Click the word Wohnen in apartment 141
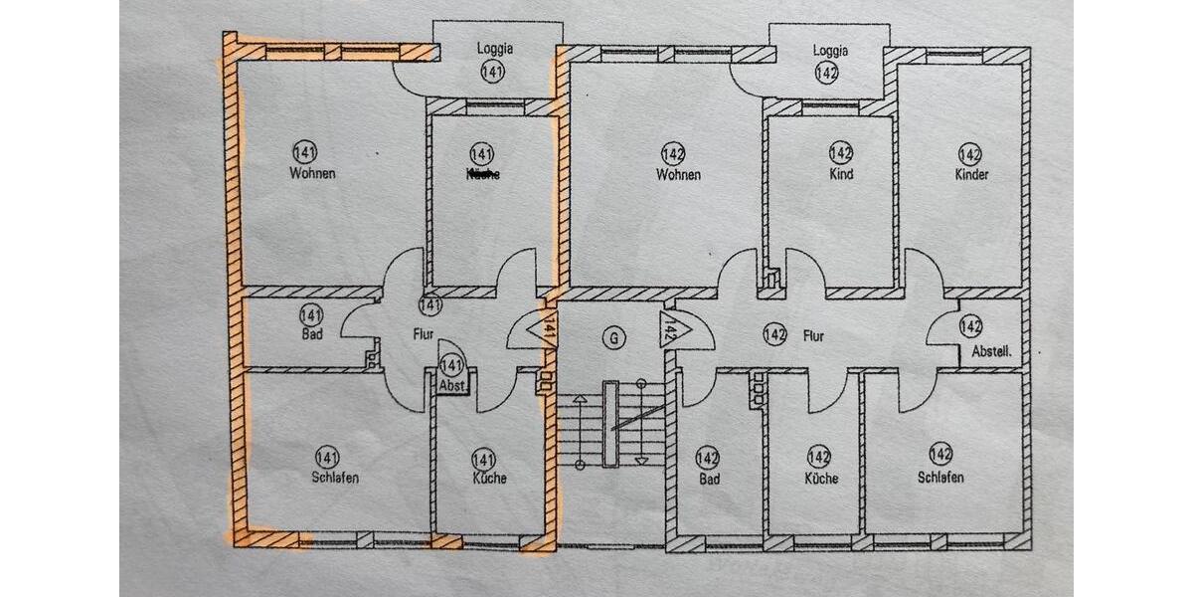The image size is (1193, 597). [x=312, y=173]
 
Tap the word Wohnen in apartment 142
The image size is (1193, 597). [x=678, y=174]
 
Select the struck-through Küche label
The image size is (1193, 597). [x=482, y=174]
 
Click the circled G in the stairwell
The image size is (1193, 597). [x=615, y=337]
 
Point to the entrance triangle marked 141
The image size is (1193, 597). [x=546, y=327]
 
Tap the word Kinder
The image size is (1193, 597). [x=971, y=174]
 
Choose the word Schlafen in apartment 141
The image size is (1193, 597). [x=334, y=478]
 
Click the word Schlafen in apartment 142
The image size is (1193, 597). [x=940, y=478]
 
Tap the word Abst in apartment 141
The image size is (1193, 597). [x=452, y=386]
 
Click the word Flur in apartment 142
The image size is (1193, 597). [x=813, y=336]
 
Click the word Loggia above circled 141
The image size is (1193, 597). [x=494, y=49]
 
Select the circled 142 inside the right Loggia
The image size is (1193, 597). [x=826, y=72]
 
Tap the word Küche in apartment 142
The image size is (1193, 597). [x=821, y=478]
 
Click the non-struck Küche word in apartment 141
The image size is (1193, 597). [x=490, y=478]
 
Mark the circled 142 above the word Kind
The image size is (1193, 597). [x=841, y=153]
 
